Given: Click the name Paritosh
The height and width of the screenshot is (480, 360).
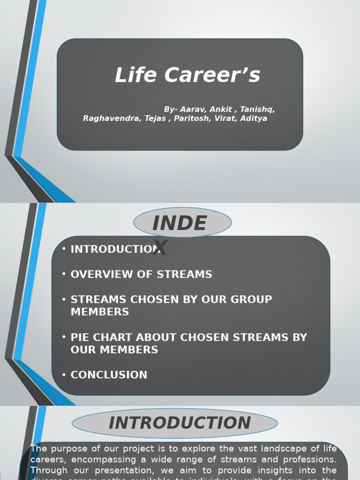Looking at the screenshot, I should (x=192, y=119).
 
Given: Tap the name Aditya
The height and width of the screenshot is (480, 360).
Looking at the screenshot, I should (x=254, y=119).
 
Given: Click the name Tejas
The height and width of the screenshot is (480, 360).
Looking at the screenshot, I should (x=155, y=119).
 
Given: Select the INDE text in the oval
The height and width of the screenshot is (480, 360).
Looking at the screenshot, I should (x=180, y=224).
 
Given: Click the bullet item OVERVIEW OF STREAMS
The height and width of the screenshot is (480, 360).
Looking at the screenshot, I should (x=141, y=275).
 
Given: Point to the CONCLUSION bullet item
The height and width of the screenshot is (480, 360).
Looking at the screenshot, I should (x=109, y=375).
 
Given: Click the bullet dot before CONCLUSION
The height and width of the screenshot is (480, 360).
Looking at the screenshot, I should (x=64, y=375).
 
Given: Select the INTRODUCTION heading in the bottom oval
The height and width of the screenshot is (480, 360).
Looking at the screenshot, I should (x=180, y=423).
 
